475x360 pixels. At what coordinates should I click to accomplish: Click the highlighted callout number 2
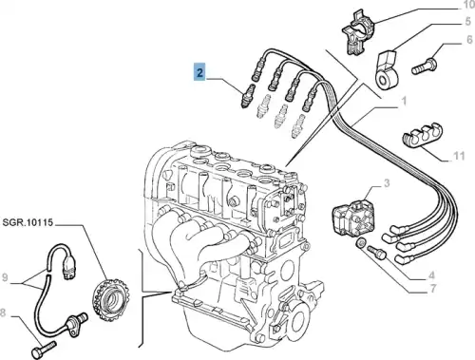click(x=199, y=72)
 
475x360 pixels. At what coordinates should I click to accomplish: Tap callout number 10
click(x=468, y=5)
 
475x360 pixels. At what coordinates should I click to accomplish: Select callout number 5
click(x=468, y=22)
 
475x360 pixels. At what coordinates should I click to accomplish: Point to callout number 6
click(x=469, y=40)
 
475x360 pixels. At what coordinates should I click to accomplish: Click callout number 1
click(x=404, y=102)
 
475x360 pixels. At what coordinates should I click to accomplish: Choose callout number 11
click(x=459, y=156)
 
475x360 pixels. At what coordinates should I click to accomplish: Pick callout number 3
click(x=387, y=183)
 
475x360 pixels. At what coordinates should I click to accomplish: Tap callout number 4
click(x=431, y=275)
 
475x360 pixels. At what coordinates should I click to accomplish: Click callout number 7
click(x=433, y=288)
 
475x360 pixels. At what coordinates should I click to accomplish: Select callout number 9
click(x=5, y=277)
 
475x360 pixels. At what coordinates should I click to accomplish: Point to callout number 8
click(x=3, y=313)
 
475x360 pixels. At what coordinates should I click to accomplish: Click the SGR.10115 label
click(x=28, y=222)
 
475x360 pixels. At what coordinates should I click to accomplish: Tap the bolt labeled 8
click(x=44, y=349)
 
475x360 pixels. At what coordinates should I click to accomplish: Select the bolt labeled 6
click(x=424, y=66)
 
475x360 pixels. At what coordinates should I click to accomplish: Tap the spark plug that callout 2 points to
click(x=248, y=96)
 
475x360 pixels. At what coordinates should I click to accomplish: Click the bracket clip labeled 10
click(x=358, y=31)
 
